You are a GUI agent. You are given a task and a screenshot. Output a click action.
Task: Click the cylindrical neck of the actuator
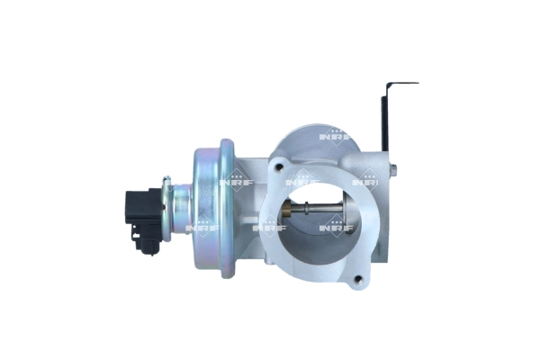[x=182, y=206]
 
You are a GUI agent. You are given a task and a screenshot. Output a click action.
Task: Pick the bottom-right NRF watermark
[x=337, y=228]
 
